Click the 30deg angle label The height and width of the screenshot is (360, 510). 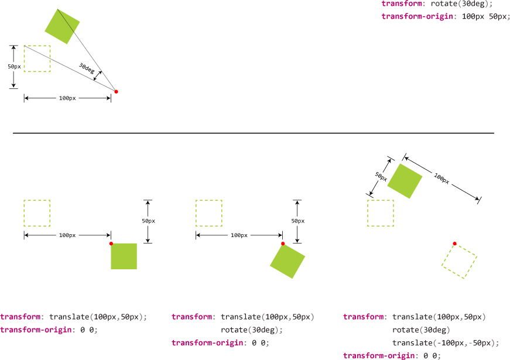pos(87,68)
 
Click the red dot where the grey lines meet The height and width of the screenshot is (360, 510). pos(116,91)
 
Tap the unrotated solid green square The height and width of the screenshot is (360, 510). pos(124,256)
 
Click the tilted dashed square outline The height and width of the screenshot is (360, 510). pos(459,261)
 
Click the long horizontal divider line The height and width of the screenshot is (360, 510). pos(253,133)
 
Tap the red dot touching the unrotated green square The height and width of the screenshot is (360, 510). pos(111,244)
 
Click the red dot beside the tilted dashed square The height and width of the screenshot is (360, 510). pos(454,244)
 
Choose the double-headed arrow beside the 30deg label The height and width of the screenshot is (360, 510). pos(98,77)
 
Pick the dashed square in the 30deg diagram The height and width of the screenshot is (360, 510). pos(37,59)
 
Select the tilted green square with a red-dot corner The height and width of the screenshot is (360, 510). pos(288,260)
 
